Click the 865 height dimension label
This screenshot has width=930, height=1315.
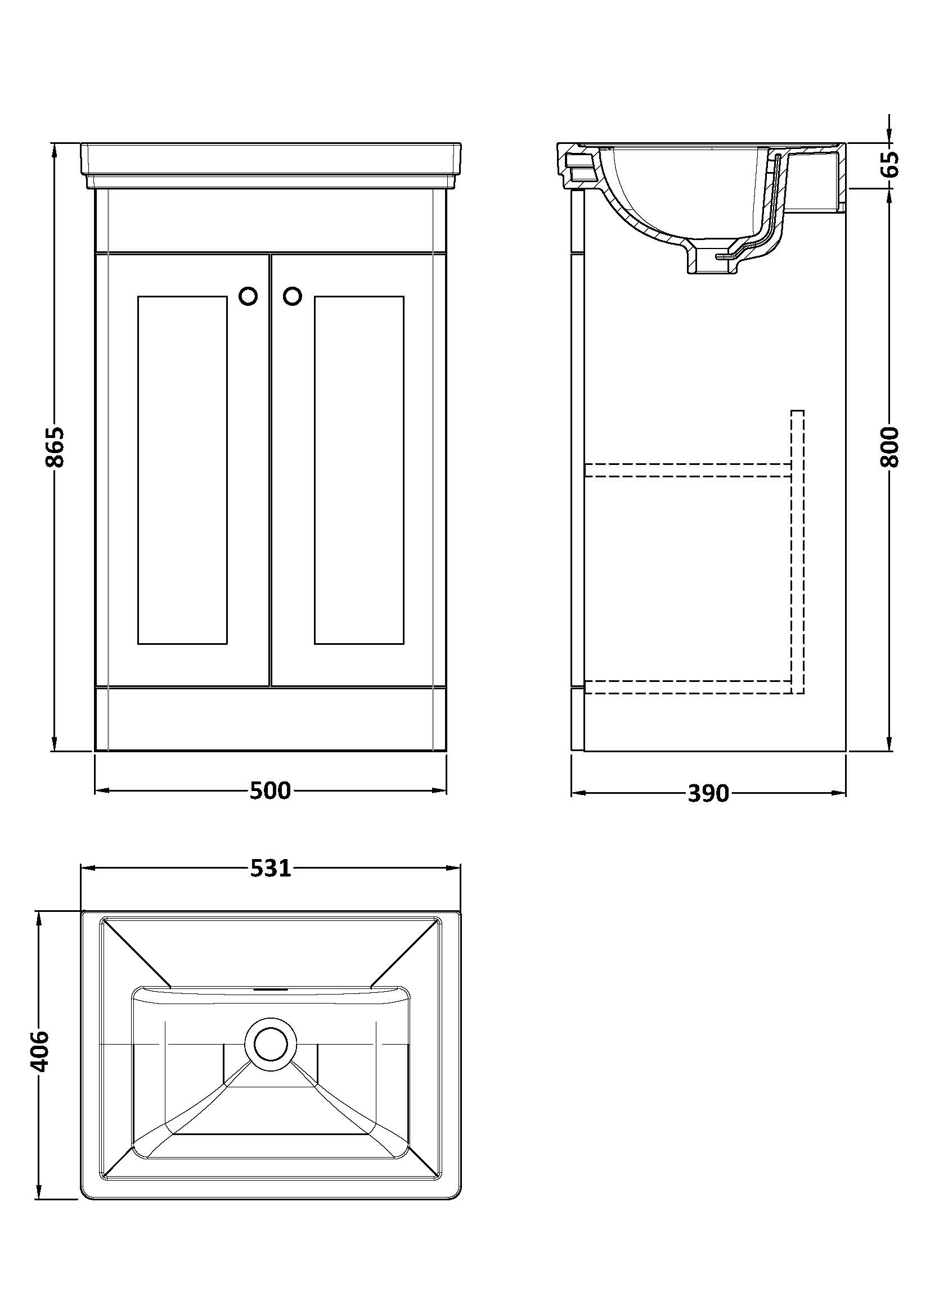coord(56,447)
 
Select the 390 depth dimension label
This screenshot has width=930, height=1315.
coord(708,793)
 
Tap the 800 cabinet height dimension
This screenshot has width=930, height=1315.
coord(889,447)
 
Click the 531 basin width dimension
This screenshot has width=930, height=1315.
coord(271,869)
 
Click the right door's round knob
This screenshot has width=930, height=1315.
coord(292,296)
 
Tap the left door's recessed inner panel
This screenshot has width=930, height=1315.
coord(183,469)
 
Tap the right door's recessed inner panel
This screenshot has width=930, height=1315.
coord(360,469)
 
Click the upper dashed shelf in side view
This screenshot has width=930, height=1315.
coord(688,469)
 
